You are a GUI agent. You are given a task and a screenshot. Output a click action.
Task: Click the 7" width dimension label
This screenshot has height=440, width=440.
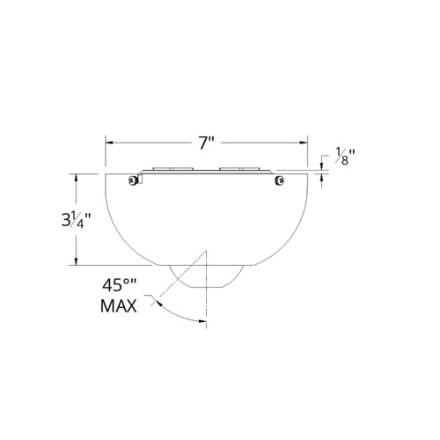pyautogui.click(x=208, y=140)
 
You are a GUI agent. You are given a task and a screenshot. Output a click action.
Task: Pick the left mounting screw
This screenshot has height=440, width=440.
pyautogui.click(x=132, y=181)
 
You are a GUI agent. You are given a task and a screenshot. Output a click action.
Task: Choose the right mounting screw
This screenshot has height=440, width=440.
pyautogui.click(x=279, y=181)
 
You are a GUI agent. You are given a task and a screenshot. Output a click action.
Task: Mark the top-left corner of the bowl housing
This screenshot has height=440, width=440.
pyautogui.click(x=106, y=174)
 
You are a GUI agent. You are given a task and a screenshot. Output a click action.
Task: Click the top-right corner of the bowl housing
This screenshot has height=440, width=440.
pyautogui.click(x=308, y=174)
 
